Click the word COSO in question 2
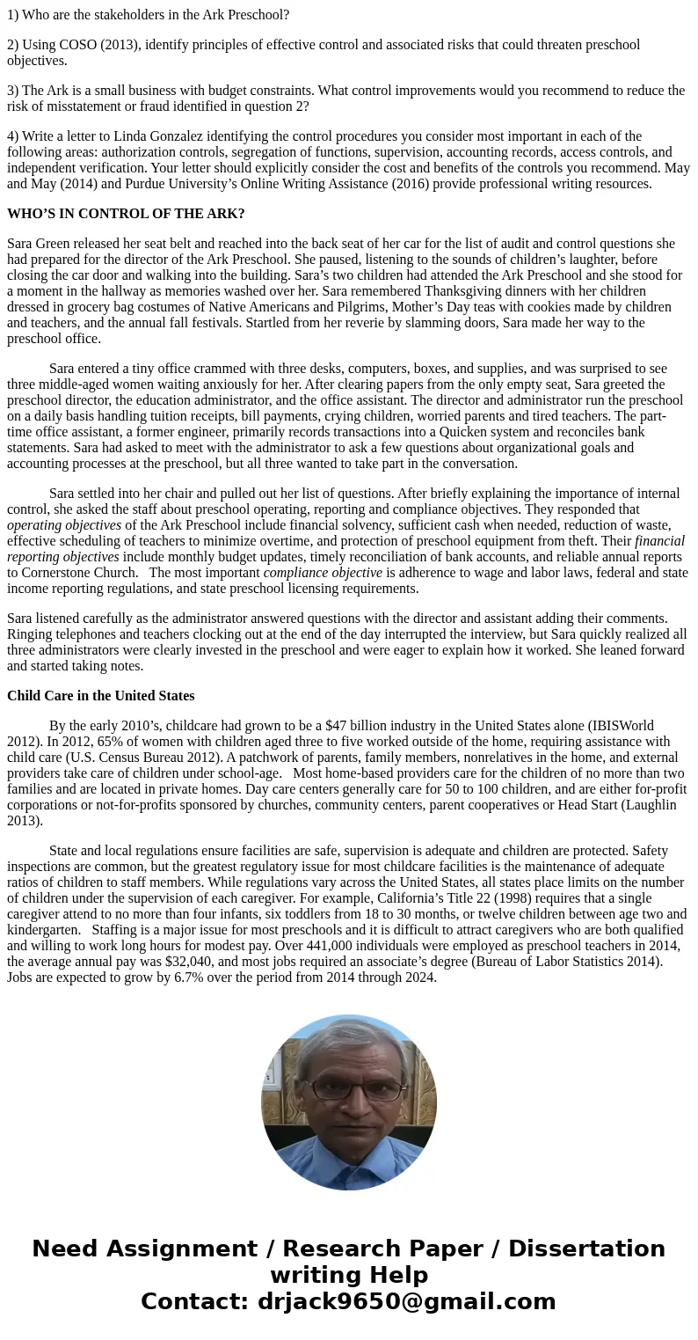[x=80, y=45]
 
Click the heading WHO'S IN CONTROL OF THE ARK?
[x=126, y=214]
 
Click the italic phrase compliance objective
[x=323, y=573]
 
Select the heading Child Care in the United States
[x=101, y=696]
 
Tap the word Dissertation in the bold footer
[x=586, y=1249]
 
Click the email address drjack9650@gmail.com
[x=406, y=1302]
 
